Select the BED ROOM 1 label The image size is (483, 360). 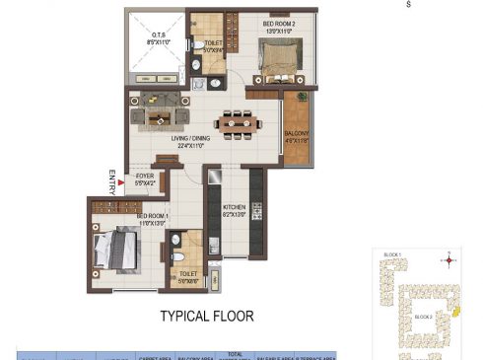click(x=152, y=218)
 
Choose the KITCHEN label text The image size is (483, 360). click(x=234, y=208)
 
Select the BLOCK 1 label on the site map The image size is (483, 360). click(x=391, y=255)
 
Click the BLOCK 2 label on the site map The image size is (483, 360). click(x=423, y=317)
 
